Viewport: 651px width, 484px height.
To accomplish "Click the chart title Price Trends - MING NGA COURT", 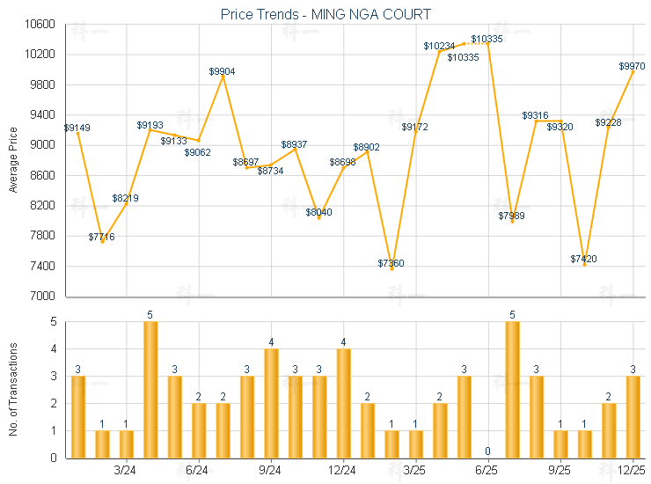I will [x=325, y=14].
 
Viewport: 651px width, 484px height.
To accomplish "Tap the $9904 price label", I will [x=223, y=71].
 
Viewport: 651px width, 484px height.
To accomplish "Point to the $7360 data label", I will [x=391, y=263].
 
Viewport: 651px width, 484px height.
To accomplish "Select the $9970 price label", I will [x=632, y=66].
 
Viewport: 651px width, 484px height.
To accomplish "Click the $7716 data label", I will [x=101, y=237].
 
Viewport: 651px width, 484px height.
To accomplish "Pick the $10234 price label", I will [x=438, y=46].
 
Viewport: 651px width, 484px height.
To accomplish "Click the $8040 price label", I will [x=319, y=212].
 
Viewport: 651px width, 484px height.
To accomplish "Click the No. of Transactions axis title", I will [x=13, y=389].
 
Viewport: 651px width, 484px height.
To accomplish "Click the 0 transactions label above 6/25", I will [x=487, y=451].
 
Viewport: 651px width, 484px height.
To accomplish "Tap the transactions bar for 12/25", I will [x=633, y=416].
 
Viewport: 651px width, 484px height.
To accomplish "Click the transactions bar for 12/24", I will [x=343, y=403].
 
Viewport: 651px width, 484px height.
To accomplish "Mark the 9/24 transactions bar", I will [x=271, y=403].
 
